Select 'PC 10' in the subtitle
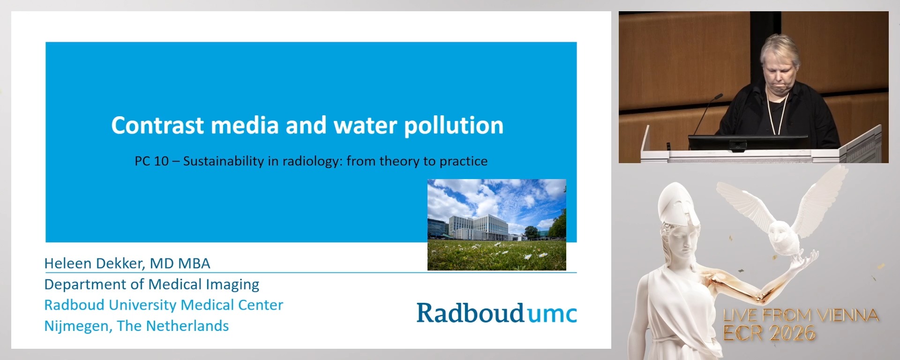(x=151, y=161)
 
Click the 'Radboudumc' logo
(x=496, y=313)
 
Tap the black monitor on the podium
(x=748, y=142)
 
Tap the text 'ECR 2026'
(x=769, y=333)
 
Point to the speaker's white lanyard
(x=771, y=112)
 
